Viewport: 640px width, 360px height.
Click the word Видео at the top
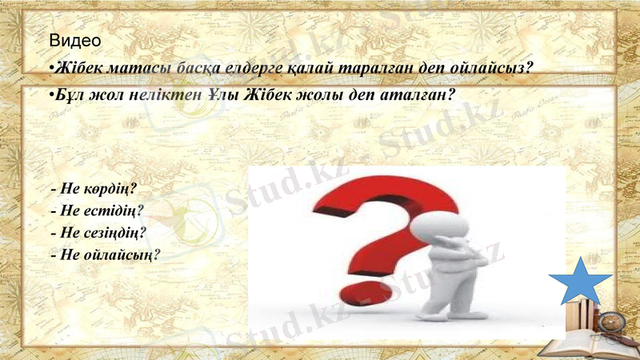click(74, 39)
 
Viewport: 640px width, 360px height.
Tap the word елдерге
click(255, 67)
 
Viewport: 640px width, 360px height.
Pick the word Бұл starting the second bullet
click(63, 94)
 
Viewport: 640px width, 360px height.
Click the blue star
click(580, 282)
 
